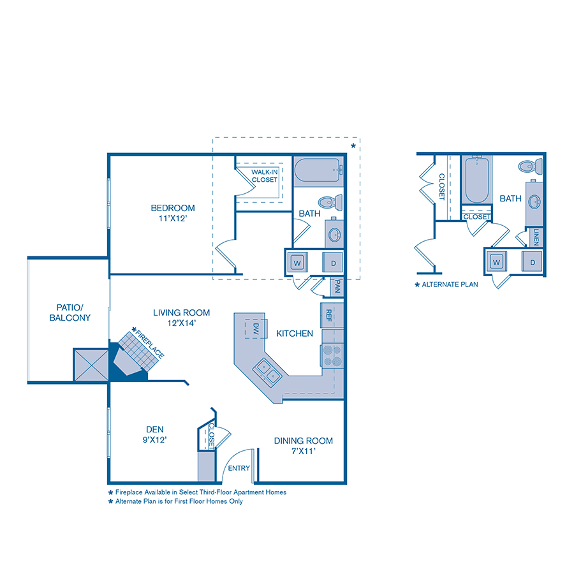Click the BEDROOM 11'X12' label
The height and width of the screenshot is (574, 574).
[172, 213]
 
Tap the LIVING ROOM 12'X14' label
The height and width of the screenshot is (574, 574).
[181, 318]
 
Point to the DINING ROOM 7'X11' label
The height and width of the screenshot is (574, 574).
[304, 446]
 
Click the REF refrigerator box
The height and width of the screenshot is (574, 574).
[328, 314]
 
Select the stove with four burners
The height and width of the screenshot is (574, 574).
[333, 355]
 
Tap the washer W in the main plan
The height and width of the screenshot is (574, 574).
[297, 261]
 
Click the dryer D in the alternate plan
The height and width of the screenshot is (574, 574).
[532, 261]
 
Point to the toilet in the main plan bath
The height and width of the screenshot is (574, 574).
[330, 202]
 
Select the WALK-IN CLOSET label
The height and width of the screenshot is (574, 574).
[264, 176]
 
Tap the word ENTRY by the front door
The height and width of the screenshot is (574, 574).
[239, 469]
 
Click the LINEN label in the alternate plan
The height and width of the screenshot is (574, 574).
[536, 237]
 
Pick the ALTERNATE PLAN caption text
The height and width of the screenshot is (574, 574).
[450, 284]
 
